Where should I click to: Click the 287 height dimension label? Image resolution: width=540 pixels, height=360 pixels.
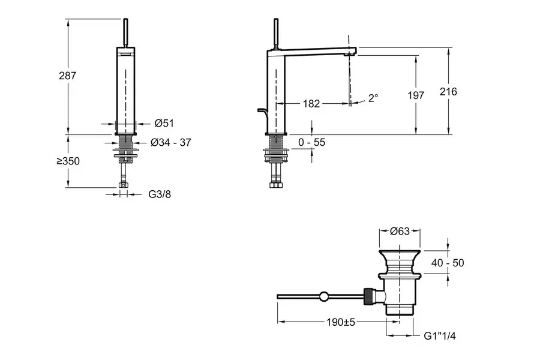tap(68, 76)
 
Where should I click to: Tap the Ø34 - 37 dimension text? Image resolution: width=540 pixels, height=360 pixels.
tap(171, 143)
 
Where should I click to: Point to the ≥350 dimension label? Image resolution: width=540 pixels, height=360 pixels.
tap(68, 161)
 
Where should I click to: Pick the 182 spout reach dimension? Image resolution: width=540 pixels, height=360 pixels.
tap(311, 104)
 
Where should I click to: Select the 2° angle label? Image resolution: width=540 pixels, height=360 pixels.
tap(374, 97)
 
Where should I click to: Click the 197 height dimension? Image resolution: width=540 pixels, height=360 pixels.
tap(415, 95)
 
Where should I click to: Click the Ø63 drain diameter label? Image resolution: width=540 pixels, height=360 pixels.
tap(400, 231)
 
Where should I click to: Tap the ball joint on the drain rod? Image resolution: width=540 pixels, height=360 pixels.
tap(325, 296)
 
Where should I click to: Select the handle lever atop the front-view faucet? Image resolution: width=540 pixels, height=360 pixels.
tap(125, 34)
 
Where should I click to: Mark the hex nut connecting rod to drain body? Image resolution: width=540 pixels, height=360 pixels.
tap(367, 296)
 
